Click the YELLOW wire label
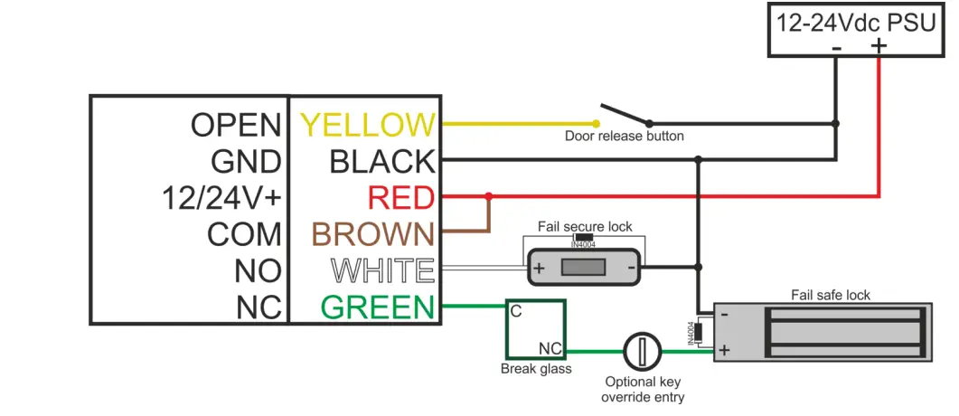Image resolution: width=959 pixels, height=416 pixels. click(367, 124)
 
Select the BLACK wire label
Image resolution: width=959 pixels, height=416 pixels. click(382, 161)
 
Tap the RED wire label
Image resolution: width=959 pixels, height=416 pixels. click(400, 197)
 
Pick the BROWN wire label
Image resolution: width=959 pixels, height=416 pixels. click(373, 234)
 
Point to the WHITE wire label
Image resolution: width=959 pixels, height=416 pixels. click(382, 270)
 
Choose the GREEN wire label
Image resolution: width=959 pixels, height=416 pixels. click(378, 307)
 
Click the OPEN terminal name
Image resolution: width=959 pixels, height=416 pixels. click(236, 124)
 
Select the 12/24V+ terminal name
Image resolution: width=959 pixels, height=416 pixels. click(221, 197)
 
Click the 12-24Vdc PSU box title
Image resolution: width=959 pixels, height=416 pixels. click(857, 23)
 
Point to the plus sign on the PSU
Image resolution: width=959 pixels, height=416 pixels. click(879, 45)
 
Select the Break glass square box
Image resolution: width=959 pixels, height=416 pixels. click(535, 330)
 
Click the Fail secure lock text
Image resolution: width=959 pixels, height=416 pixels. click(585, 226)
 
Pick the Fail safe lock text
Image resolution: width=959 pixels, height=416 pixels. click(831, 295)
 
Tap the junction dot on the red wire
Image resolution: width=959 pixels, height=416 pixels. click(489, 195)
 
